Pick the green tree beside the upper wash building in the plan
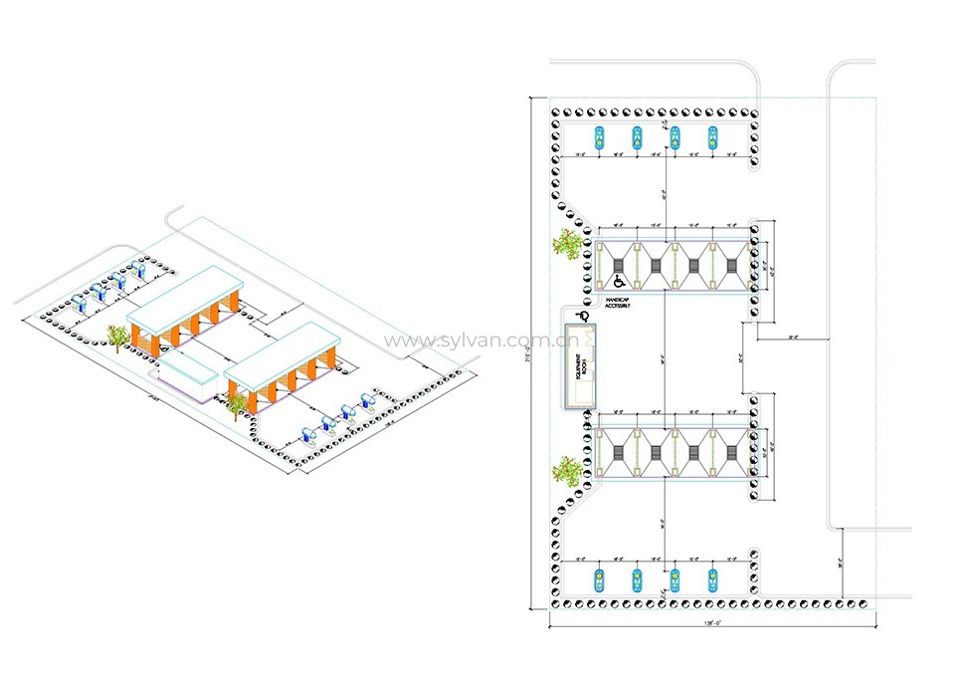pyautogui.click(x=568, y=243)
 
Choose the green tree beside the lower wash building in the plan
pyautogui.click(x=568, y=469)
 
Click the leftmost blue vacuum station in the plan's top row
pyautogui.click(x=599, y=138)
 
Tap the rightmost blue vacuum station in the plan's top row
pyautogui.click(x=713, y=138)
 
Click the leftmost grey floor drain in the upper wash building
pyautogui.click(x=618, y=264)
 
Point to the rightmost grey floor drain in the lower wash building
pyautogui.click(x=733, y=453)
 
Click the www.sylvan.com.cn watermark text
pyautogui.click(x=474, y=341)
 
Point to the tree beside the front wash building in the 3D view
pyautogui.click(x=236, y=403)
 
